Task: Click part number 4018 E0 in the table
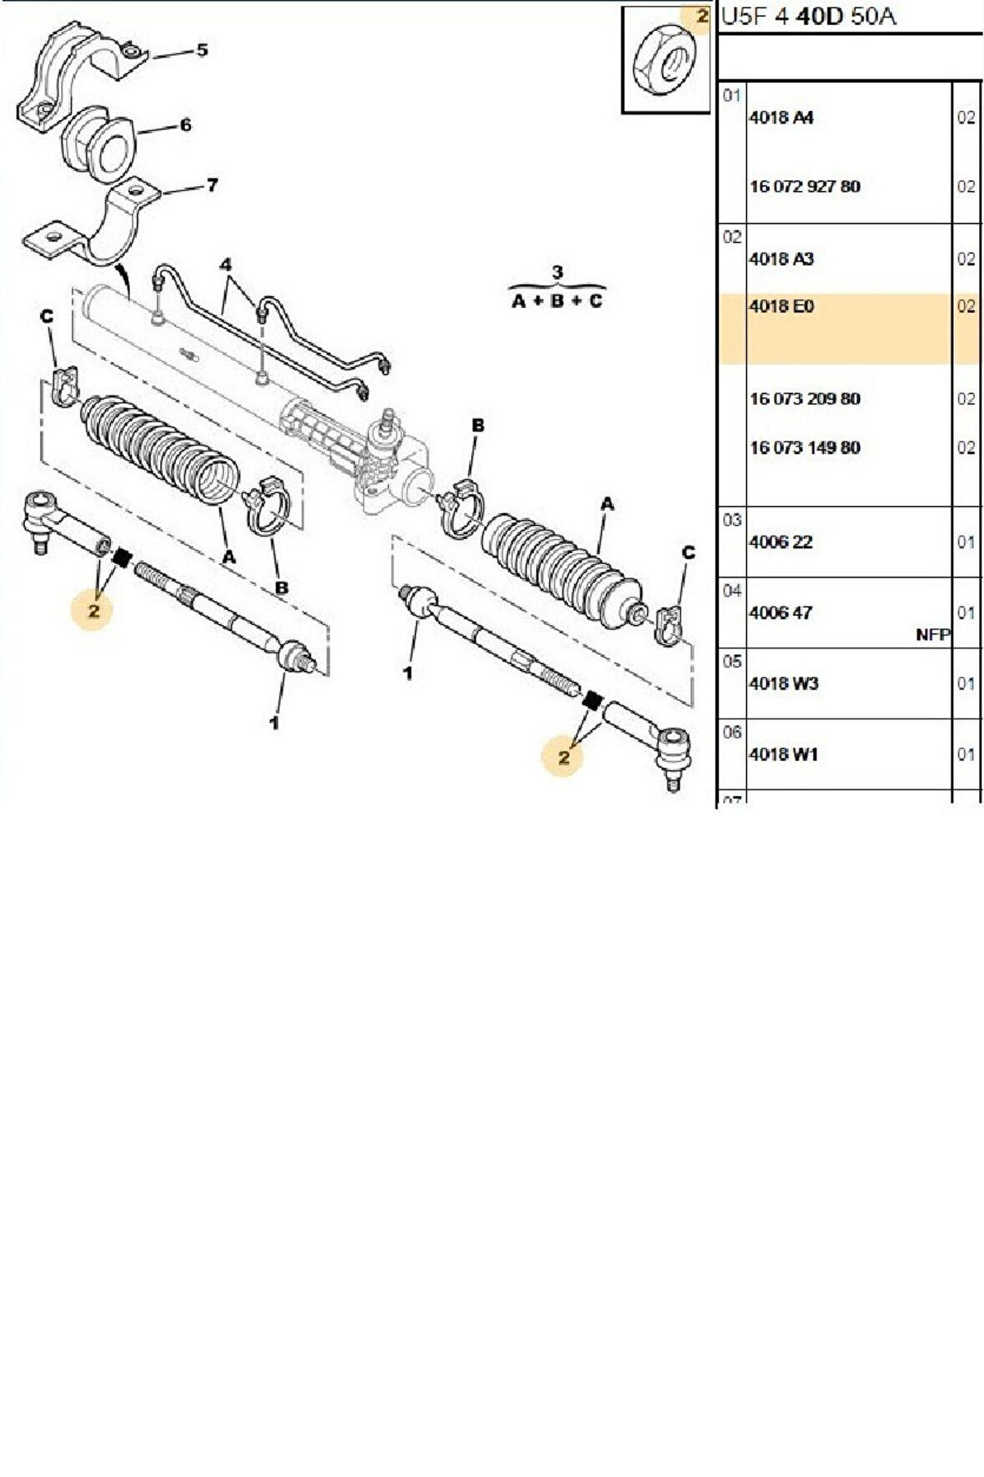point(781,307)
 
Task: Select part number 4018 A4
point(781,118)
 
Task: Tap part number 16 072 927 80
point(804,187)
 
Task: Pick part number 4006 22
point(780,542)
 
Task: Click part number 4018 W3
point(783,683)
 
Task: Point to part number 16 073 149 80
point(804,448)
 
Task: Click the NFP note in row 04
point(931,635)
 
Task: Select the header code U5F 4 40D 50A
point(807,17)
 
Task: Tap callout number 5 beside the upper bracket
point(202,51)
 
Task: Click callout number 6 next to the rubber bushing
point(185,125)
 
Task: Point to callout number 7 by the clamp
point(212,185)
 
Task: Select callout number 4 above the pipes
point(225,265)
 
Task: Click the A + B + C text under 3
point(556,301)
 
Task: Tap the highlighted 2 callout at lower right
point(565,758)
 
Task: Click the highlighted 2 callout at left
point(93,611)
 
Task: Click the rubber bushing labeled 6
point(98,144)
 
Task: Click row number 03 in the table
point(731,521)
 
